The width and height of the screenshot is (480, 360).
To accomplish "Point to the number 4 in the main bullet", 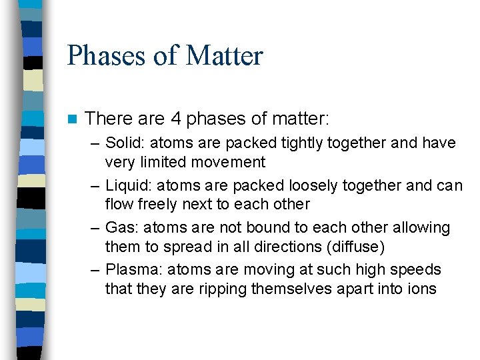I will click(176, 119).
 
